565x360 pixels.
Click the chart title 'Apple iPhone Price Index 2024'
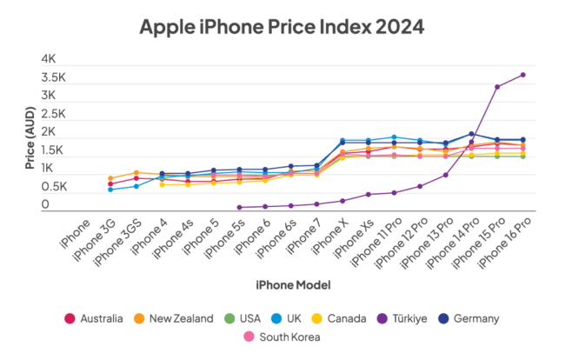click(282, 27)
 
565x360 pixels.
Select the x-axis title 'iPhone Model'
click(293, 284)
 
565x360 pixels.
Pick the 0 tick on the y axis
click(45, 205)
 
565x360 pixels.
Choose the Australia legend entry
click(95, 318)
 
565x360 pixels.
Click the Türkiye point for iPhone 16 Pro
click(522, 75)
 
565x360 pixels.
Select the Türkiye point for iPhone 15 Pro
click(496, 87)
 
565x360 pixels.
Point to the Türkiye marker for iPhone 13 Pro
click(445, 175)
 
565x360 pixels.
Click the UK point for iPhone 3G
click(110, 190)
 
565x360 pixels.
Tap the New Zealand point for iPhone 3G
click(110, 178)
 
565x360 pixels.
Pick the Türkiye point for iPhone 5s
click(239, 207)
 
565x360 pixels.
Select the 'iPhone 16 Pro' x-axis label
click(504, 243)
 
